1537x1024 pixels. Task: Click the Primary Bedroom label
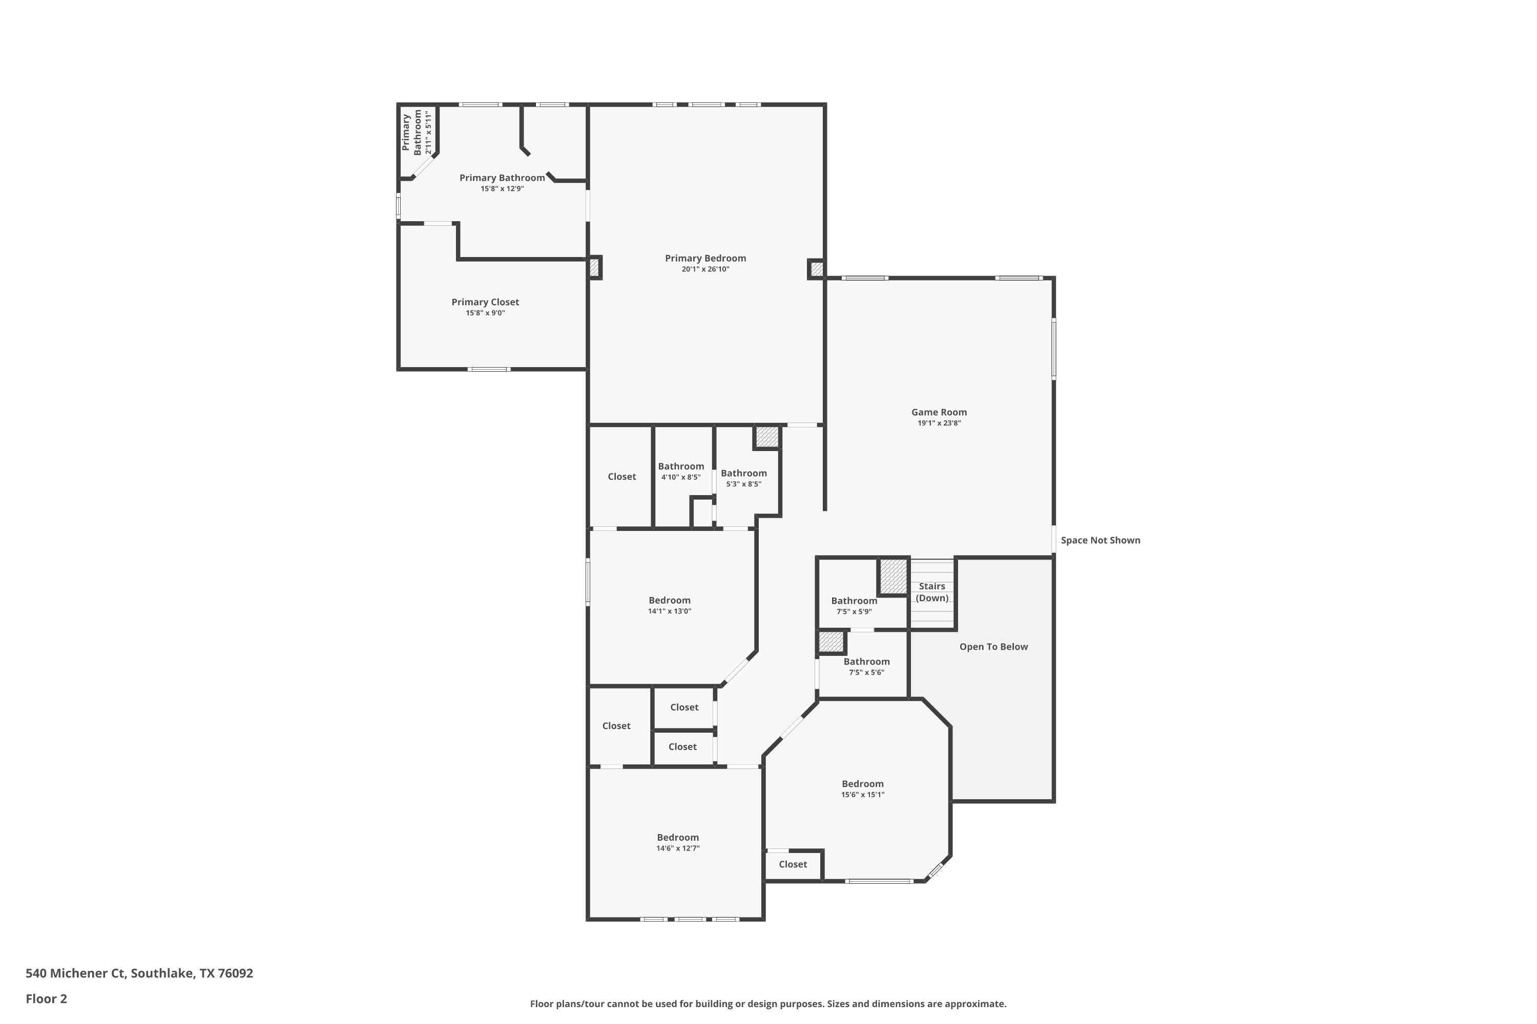tap(705, 258)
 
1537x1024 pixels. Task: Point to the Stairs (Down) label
tap(932, 592)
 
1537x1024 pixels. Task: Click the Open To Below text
tap(993, 647)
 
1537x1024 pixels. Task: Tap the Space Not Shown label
tap(1100, 540)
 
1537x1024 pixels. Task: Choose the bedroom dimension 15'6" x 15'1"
tap(863, 795)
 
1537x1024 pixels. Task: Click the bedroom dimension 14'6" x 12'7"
tap(678, 848)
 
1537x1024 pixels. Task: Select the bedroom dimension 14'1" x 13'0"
tap(669, 611)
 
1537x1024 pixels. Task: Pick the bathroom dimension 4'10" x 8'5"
tap(680, 477)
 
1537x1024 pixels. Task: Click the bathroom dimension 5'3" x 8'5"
tap(744, 484)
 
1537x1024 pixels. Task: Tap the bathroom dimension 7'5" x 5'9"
tap(854, 612)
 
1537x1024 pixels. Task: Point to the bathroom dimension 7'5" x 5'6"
tap(866, 672)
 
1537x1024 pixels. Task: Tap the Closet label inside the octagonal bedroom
tap(793, 864)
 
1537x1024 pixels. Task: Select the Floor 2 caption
tap(47, 998)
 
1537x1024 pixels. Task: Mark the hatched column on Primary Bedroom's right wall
tap(816, 268)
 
